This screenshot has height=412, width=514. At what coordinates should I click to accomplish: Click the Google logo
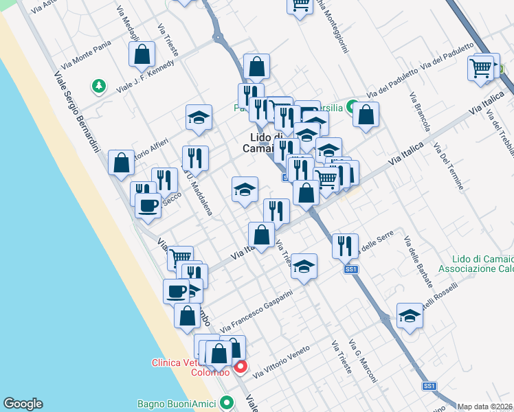pos(23,404)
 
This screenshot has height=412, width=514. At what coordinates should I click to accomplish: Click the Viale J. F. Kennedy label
pos(145,78)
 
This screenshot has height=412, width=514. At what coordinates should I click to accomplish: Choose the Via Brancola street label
pos(419,113)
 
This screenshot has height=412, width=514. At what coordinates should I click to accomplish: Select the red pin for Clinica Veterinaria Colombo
pos(241,367)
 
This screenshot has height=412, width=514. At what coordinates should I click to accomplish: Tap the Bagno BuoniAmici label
pos(177,402)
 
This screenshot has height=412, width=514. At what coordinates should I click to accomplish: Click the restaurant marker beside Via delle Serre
pos(345,245)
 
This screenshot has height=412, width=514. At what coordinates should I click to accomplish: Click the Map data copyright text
pos(485,407)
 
